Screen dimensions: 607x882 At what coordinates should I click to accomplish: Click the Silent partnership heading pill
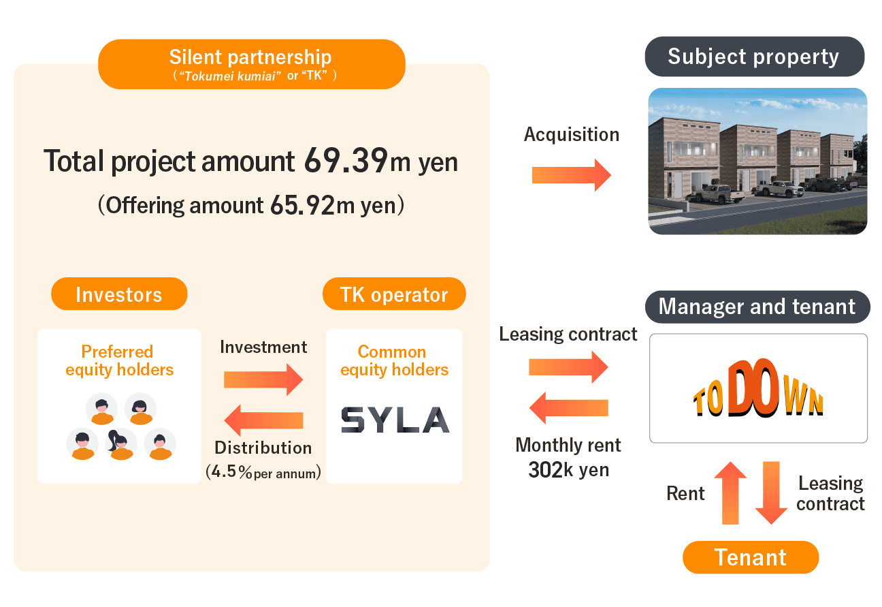(251, 63)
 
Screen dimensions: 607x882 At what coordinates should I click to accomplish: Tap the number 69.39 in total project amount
(345, 161)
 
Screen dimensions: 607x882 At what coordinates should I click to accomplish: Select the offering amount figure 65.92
(302, 206)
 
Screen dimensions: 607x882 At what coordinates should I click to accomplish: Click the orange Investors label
(119, 294)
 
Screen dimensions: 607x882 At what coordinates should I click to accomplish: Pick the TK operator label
(394, 294)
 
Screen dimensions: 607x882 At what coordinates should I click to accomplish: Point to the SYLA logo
(395, 420)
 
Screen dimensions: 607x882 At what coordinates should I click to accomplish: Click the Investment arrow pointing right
(263, 379)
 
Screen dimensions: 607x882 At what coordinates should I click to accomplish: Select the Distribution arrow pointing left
(263, 420)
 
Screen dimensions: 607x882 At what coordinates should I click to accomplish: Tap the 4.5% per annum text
(263, 472)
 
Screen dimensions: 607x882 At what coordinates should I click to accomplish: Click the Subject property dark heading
(754, 57)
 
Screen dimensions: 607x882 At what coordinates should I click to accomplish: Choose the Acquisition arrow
(571, 175)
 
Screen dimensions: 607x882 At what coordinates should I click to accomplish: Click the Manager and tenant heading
(757, 307)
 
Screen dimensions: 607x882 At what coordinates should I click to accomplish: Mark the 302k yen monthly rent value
(568, 469)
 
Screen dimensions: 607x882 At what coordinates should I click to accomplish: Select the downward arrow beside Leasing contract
(771, 493)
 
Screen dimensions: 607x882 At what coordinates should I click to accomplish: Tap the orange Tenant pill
(751, 558)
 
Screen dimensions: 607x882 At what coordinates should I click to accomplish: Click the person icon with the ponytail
(120, 444)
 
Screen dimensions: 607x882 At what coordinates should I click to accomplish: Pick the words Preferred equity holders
(119, 361)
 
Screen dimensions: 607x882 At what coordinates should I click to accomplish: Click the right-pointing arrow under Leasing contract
(568, 367)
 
